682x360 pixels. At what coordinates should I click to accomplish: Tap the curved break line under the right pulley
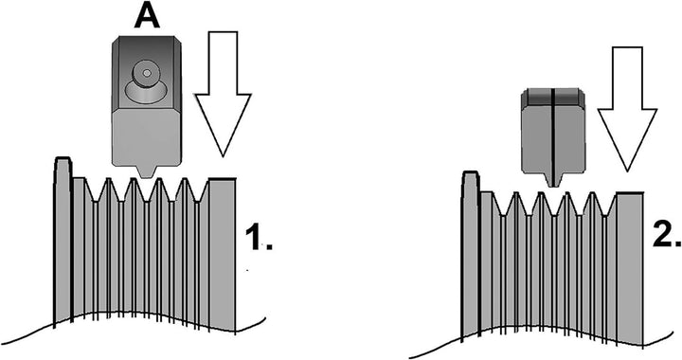tap(549, 332)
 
